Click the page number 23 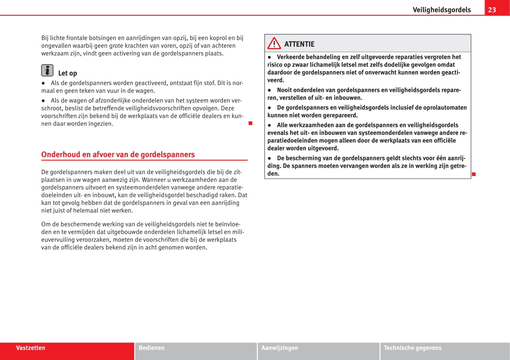(492, 10)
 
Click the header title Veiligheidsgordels (441, 10)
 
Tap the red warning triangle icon (274, 44)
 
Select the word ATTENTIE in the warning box (299, 44)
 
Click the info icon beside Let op (47, 70)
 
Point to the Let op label (67, 73)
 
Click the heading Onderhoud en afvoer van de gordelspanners (118, 154)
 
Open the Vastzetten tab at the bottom (30, 348)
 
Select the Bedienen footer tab (152, 348)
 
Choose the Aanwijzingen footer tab (280, 348)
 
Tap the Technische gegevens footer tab (412, 348)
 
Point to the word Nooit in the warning (285, 90)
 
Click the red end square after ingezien (250, 123)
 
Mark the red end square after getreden (473, 174)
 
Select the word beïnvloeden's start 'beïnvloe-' (227, 224)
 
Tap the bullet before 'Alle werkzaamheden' (269, 125)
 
